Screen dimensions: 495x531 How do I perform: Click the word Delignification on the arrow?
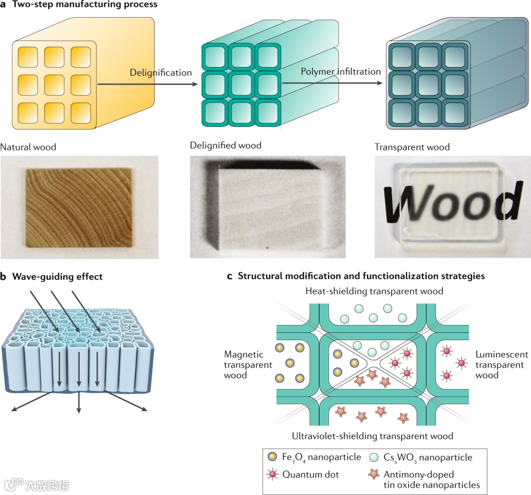click(161, 73)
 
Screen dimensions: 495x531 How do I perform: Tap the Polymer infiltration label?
click(341, 71)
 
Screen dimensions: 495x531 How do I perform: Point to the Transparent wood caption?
click(412, 146)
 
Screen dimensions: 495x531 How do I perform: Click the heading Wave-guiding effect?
click(56, 277)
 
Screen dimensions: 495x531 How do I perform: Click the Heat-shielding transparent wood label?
click(375, 291)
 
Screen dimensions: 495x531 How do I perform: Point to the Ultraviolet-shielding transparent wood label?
click(372, 436)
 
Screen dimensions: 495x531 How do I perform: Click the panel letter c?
click(230, 276)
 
